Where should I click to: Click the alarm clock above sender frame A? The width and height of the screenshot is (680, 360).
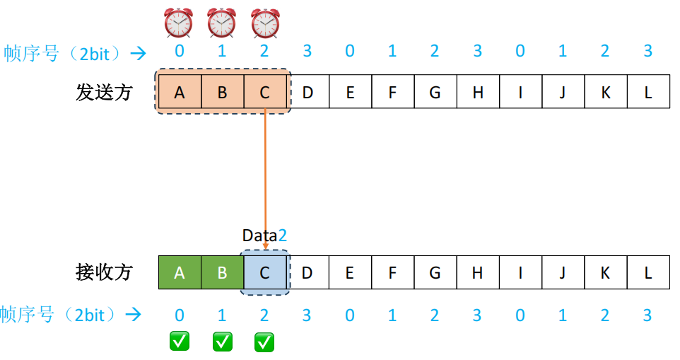click(179, 23)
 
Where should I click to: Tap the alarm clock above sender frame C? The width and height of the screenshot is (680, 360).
click(264, 23)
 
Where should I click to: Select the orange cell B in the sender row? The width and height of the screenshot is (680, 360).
click(222, 92)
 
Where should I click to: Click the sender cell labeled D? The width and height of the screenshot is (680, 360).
click(307, 92)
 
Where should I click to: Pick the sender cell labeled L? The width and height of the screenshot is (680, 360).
click(648, 92)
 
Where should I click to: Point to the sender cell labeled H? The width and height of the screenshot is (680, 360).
click(478, 92)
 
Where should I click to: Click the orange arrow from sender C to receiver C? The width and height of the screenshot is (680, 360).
click(265, 177)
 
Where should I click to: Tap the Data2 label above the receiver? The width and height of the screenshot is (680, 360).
click(264, 236)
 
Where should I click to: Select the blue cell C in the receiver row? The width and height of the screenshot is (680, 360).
click(264, 272)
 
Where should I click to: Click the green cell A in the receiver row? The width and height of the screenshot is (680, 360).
click(180, 272)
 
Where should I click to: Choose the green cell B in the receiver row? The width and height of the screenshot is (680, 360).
click(222, 272)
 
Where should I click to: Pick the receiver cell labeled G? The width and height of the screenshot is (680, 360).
click(435, 272)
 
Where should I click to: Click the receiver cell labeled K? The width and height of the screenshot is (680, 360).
click(605, 272)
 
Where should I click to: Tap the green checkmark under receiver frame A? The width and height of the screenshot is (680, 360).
click(180, 342)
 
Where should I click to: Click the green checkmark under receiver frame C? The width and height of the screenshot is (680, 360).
click(264, 342)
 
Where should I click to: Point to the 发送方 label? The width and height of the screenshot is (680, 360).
click(104, 92)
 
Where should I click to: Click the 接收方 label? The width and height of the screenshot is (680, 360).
click(104, 272)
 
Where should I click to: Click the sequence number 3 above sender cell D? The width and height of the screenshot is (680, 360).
click(307, 52)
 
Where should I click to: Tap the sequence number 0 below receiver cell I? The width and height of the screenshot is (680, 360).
click(520, 315)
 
